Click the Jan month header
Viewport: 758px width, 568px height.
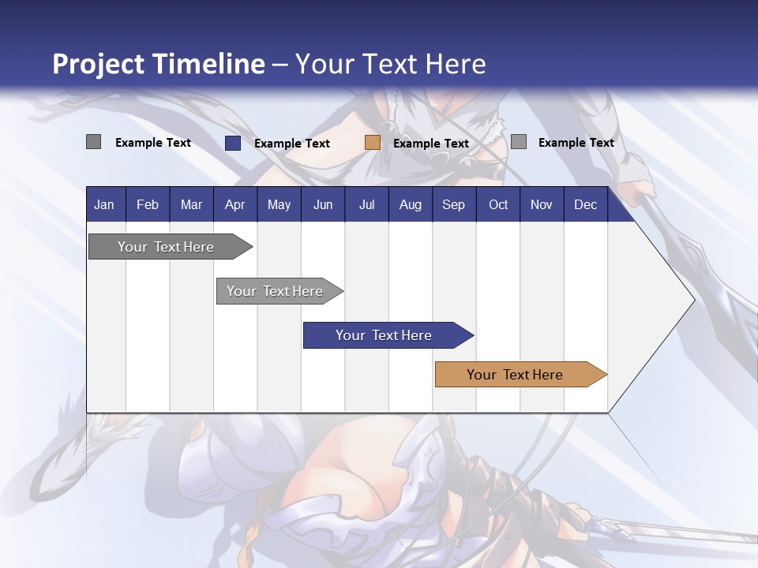click(104, 204)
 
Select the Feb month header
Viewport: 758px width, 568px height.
click(148, 204)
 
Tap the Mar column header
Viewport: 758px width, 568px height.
click(191, 204)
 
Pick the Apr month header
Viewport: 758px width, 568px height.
click(235, 204)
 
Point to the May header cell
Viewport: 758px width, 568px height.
click(279, 204)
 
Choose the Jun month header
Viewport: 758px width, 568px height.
click(323, 204)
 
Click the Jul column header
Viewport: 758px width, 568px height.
click(366, 204)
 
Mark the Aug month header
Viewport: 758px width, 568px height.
click(411, 204)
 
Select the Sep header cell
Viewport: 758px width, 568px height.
click(454, 204)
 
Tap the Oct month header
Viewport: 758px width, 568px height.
click(498, 204)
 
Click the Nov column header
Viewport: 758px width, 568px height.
click(542, 204)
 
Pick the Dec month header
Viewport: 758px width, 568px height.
click(586, 204)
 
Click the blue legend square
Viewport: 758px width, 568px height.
click(233, 143)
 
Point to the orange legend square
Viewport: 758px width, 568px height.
click(373, 143)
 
